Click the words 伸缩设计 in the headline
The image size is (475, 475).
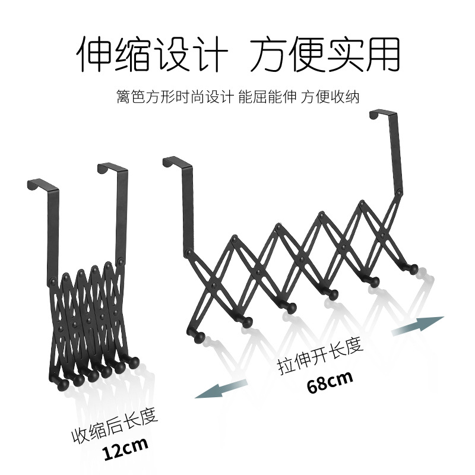(x=152, y=54)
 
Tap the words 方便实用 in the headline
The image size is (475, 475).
(x=324, y=54)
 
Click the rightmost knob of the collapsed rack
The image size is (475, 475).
(x=135, y=362)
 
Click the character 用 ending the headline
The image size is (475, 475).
(x=379, y=54)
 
